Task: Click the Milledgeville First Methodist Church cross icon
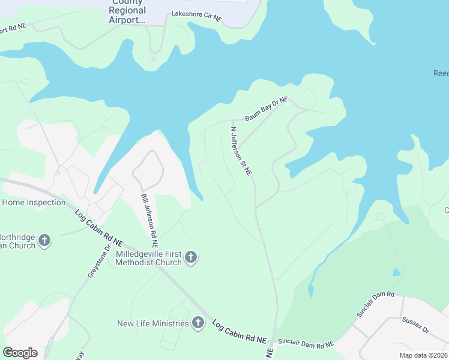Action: click(190, 258)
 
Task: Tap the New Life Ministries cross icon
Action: click(198, 324)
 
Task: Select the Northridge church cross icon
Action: click(44, 241)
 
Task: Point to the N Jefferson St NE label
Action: click(241, 151)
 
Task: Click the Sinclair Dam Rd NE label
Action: click(306, 344)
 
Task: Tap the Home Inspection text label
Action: click(34, 202)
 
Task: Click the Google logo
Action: click(20, 353)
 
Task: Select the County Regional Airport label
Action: click(127, 11)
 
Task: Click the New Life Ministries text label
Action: click(153, 324)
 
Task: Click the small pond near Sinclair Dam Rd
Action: click(396, 272)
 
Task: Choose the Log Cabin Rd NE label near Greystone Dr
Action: click(98, 227)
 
